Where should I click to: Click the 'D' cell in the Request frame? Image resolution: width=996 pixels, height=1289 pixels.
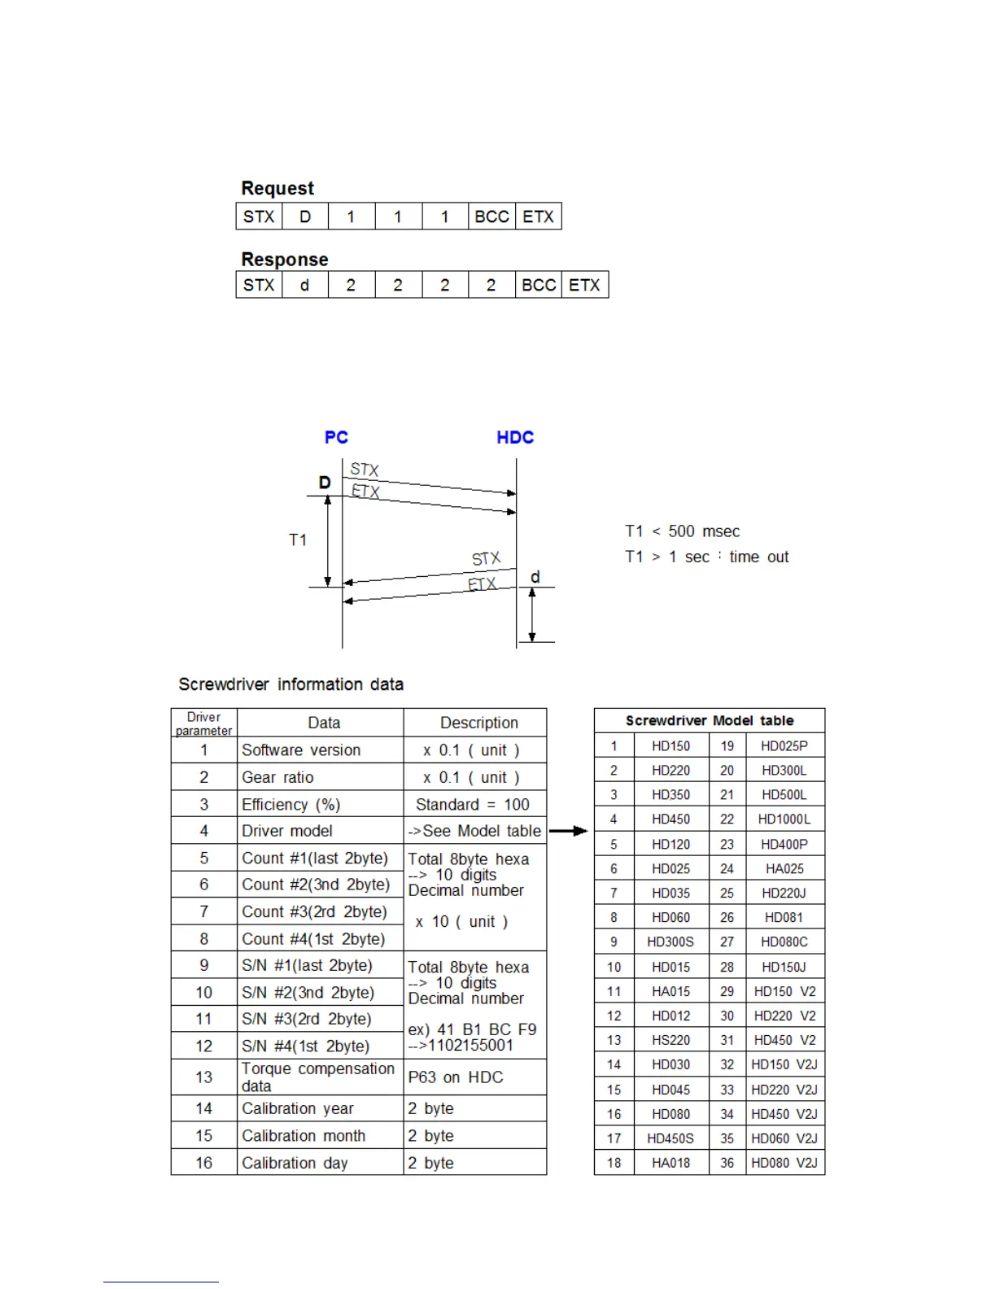pos(305,216)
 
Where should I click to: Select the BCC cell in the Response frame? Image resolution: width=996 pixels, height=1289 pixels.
pos(539,285)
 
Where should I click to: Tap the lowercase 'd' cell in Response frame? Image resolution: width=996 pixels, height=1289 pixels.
pos(305,285)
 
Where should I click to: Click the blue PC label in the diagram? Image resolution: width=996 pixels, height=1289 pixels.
pos(336,438)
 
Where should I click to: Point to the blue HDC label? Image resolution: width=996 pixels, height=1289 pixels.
pos(515,438)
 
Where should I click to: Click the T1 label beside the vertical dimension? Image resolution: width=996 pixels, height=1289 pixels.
pos(298,540)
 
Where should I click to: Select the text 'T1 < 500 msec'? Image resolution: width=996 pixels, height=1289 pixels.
pos(682,531)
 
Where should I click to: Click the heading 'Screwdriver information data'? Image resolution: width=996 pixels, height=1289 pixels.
pos(290,684)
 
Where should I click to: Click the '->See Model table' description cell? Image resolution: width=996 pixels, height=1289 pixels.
pos(474,831)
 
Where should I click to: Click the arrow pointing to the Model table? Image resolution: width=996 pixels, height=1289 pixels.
pos(569,831)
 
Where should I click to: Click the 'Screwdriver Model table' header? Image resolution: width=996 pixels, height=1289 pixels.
pos(709,720)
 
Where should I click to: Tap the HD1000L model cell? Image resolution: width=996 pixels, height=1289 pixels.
pos(784,819)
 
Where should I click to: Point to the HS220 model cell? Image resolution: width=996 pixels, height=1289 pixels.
pos(671,1040)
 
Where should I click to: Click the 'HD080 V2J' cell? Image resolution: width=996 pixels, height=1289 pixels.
pos(784,1163)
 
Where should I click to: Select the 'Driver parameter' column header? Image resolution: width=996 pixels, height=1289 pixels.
pos(203,723)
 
